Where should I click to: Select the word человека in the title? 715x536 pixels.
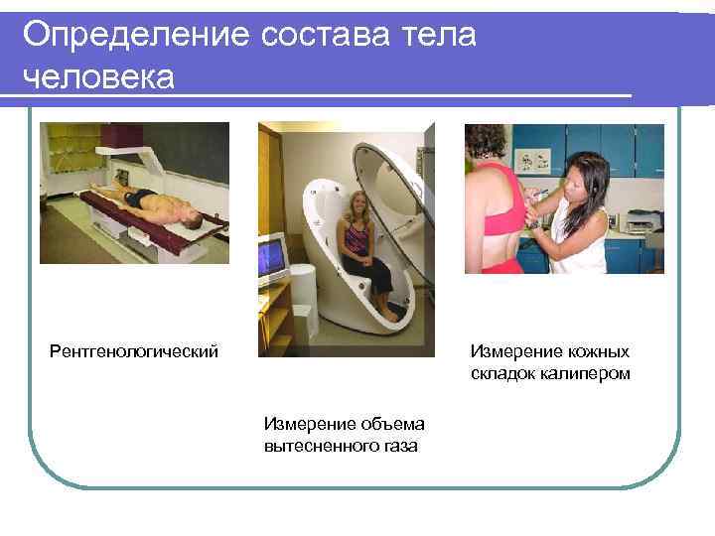tap(97, 76)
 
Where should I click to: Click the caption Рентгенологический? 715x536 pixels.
tap(134, 351)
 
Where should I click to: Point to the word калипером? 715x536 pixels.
tap(586, 373)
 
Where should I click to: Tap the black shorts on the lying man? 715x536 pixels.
tap(143, 196)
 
